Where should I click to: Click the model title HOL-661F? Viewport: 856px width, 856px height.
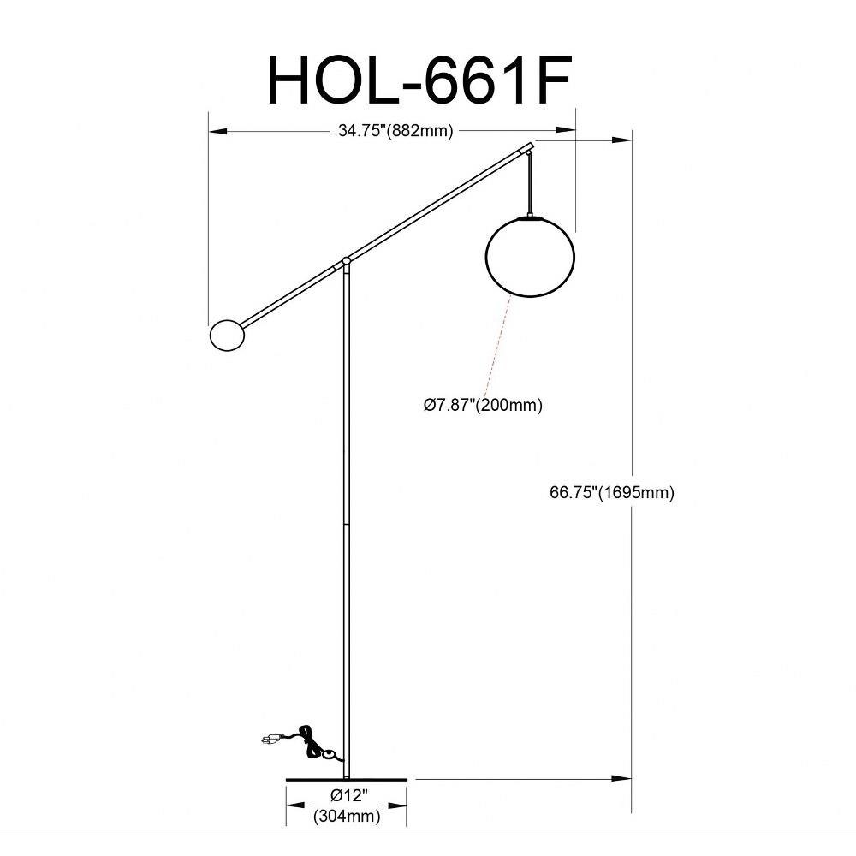419,80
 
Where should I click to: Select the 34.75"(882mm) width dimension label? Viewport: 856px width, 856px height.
395,131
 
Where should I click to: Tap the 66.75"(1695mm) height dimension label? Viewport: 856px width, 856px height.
612,492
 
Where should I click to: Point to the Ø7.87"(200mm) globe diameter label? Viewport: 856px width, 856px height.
483,405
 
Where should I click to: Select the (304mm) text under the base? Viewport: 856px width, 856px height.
347,816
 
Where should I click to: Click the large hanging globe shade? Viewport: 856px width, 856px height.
530,257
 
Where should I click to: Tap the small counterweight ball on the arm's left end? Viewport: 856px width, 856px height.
227,336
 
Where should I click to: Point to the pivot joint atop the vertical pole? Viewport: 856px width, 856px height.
346,261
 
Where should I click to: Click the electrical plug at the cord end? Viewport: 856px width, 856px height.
270,740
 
